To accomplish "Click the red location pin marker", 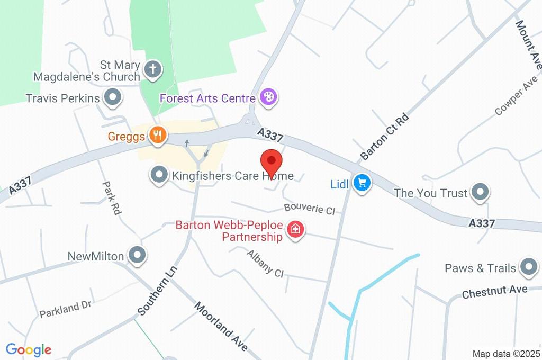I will pos(272,160).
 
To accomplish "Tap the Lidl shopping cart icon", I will pos(363,184).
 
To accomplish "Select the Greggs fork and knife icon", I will pos(157,136).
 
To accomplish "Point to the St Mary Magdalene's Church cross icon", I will pos(153,69).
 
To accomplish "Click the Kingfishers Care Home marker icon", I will pos(158,175).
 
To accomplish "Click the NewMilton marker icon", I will pos(138,255).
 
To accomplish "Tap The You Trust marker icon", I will pos(480,193).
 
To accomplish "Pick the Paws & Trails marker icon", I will pos(528,268).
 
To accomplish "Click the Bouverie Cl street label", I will pos(309,209).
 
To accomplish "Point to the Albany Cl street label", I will pos(265,263).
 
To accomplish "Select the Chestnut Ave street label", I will pos(494,292).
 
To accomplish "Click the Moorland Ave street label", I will pos(221,327).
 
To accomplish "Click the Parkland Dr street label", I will pos(66,309).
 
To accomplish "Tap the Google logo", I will pos(29,349).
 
